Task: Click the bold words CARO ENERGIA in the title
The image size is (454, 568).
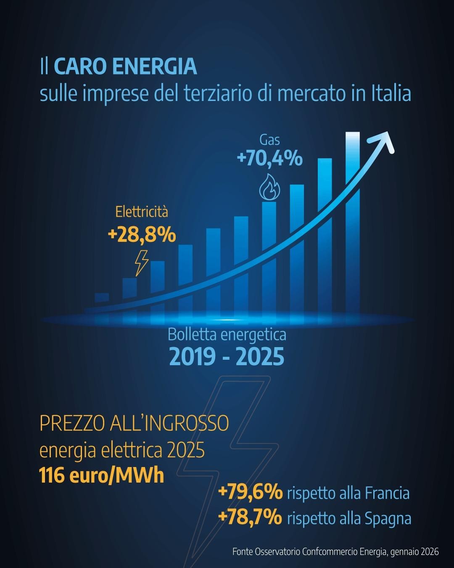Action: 125,67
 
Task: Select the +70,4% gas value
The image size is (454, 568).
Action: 269,159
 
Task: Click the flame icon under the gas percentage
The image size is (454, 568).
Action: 269,188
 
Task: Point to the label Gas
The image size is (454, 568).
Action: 269,140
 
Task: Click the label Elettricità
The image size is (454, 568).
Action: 142,212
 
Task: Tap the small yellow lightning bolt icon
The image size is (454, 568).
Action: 141,263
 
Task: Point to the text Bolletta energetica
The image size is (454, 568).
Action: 227,335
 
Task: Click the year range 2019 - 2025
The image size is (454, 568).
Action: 227,357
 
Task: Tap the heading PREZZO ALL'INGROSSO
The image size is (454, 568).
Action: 134,423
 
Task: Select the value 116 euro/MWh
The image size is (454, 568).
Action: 101,476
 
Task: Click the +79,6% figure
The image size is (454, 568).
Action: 251,493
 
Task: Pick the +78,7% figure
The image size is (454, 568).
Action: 251,518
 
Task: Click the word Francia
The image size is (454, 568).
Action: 387,493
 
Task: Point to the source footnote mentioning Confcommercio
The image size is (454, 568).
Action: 335,552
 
